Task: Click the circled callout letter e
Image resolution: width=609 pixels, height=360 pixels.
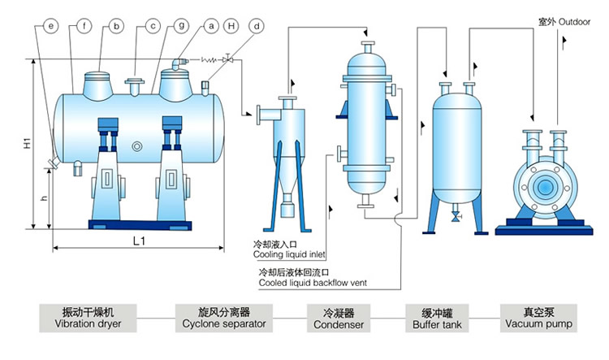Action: [51, 26]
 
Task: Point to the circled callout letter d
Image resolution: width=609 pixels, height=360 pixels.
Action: [257, 26]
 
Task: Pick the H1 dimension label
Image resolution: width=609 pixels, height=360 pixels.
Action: [27, 145]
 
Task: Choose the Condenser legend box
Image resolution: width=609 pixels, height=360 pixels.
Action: [338, 318]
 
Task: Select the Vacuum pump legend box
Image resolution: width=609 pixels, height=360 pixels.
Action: [538, 318]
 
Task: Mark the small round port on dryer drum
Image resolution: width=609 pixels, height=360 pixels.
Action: [136, 146]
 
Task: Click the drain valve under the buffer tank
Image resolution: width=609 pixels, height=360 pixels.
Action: [455, 215]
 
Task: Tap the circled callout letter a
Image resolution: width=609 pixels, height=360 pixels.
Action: [211, 26]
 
